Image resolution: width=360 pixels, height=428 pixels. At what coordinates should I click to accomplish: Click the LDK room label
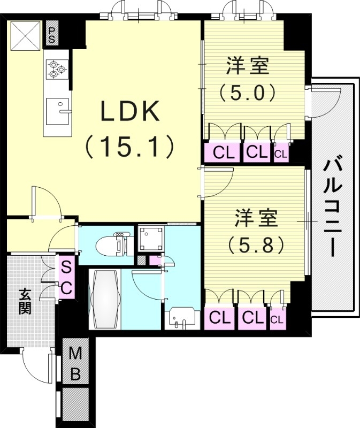131,112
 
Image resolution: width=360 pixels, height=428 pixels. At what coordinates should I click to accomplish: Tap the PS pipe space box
52,34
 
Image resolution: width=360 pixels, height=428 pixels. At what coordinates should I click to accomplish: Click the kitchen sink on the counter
58,110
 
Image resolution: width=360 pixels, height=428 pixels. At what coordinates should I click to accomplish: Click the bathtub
104,300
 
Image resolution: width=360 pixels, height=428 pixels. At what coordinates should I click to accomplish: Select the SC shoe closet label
65,277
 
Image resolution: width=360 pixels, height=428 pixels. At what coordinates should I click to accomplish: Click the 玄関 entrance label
25,301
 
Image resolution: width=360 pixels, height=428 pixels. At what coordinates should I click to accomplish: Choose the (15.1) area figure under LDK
131,145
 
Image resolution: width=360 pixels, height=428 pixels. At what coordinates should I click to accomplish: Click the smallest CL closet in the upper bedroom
281,153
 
